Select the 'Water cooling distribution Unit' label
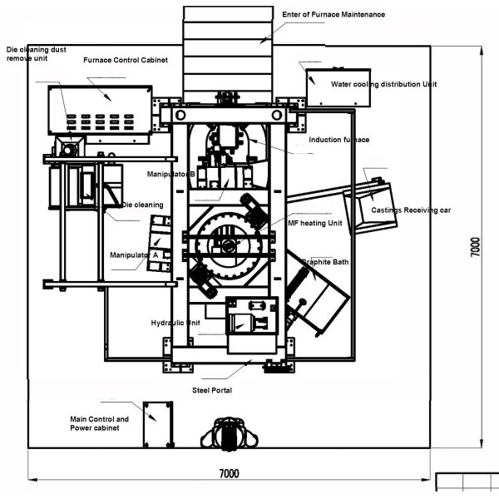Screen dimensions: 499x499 (x=383, y=84)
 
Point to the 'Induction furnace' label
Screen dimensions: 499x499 (x=338, y=140)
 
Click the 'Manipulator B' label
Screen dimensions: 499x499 (x=170, y=175)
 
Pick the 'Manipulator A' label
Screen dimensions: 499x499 (x=133, y=254)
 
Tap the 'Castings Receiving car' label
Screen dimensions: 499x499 (x=411, y=210)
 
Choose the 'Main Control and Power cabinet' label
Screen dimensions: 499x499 (x=99, y=424)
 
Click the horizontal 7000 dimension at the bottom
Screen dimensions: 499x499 (x=229, y=474)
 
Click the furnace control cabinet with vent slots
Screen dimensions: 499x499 (x=99, y=110)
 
